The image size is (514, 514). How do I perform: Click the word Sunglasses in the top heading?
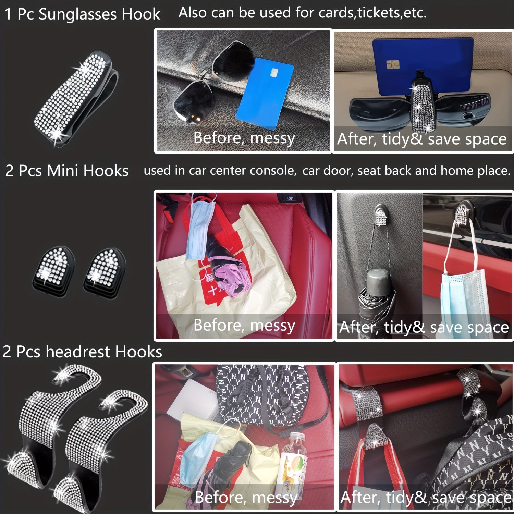coord(78,14)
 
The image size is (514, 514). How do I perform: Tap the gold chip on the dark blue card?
coord(393,64)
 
